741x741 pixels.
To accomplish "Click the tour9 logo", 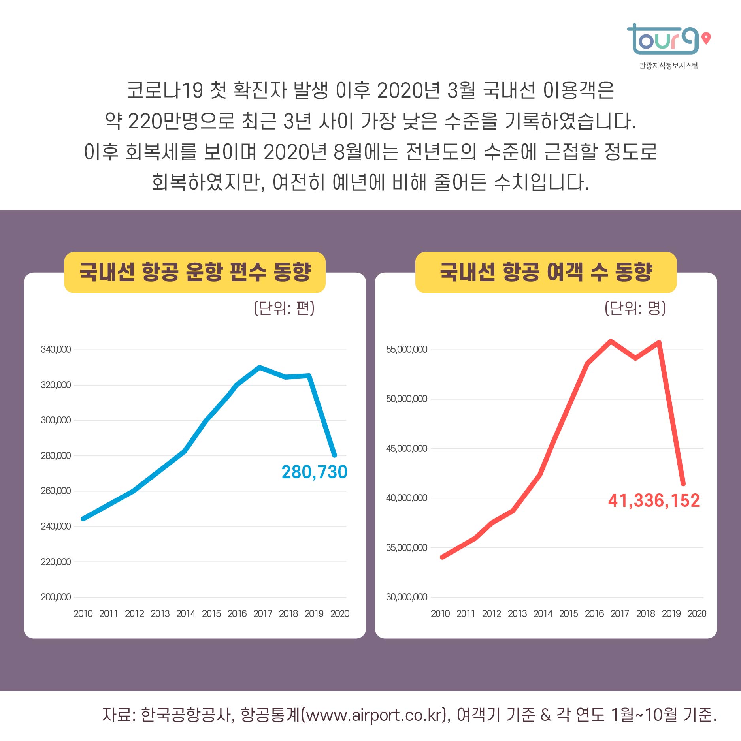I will tap(663, 39).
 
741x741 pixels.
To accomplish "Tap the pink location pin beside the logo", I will tap(706, 38).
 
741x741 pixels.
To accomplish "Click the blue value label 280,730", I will tap(314, 472).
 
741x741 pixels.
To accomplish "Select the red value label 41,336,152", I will tap(654, 500).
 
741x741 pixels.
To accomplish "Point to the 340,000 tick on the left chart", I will tap(56, 350).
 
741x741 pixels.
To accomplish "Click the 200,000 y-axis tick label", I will tap(56, 597).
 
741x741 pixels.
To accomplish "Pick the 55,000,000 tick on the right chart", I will tap(406, 350).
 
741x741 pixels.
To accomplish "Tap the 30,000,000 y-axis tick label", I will tap(406, 597).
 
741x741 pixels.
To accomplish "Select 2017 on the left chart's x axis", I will tap(263, 613).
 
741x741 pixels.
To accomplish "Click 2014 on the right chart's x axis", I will tap(543, 613).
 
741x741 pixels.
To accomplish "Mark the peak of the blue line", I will tap(259, 367).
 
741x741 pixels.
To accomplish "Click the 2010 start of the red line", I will tap(442, 557).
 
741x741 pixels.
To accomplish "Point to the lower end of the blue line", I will tap(335, 455).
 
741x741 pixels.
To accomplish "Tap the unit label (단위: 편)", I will tap(284, 308).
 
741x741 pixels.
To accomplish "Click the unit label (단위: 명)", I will tap(635, 308).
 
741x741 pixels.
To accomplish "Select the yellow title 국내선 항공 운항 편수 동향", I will tap(195, 272).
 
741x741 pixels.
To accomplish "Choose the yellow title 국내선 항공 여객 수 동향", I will tap(546, 272).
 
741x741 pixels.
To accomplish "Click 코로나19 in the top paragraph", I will tap(165, 90).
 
